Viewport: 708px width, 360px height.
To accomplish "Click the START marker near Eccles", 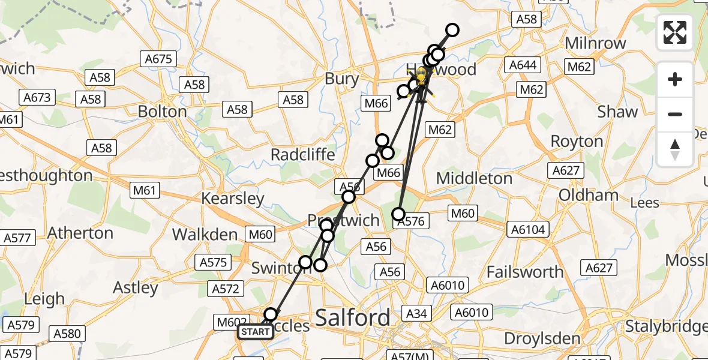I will tap(256, 332).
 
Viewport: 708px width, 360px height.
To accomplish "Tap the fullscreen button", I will tap(675, 32).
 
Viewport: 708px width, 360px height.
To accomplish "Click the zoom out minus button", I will tap(675, 114).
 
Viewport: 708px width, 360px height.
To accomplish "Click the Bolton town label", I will tap(162, 112).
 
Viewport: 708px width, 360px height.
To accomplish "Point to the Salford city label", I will tap(352, 317).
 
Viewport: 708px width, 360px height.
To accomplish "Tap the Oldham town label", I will tap(588, 195).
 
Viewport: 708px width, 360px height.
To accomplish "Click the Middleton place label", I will tap(474, 178).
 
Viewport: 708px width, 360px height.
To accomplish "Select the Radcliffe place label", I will tap(302, 154).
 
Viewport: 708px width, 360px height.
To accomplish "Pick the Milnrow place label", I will tap(596, 43).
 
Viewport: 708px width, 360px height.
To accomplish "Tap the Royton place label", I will tap(577, 142).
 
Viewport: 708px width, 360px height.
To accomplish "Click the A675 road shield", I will tap(158, 59).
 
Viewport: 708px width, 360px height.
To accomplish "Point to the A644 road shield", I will tap(523, 65).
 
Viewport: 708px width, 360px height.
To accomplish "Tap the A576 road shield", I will tap(411, 221).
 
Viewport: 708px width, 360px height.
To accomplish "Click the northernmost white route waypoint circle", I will tap(452, 30).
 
